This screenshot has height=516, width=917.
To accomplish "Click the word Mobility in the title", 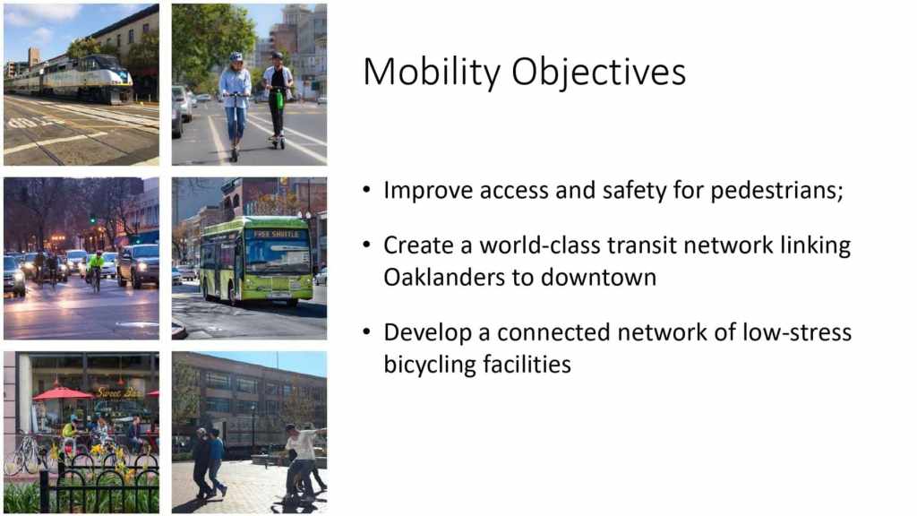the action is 431,73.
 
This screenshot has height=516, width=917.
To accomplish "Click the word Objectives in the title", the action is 598,73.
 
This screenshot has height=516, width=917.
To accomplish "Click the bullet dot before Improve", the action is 366,190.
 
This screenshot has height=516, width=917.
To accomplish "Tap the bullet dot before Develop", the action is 366,331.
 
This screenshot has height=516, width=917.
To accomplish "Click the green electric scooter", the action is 279,114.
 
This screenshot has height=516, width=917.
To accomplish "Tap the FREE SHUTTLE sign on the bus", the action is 276,234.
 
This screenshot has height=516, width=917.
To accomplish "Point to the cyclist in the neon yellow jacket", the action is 95,268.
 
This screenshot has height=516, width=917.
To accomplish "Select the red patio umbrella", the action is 63,393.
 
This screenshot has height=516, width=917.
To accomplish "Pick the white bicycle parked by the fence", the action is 23,456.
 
